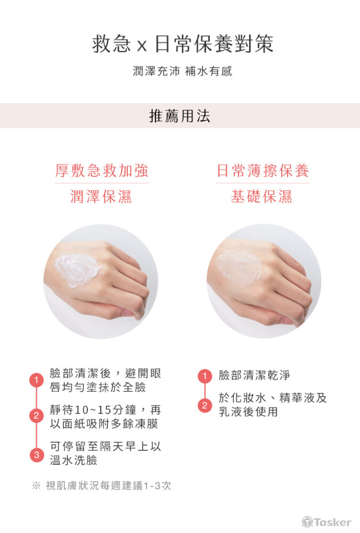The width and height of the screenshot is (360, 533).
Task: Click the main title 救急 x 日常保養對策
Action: click(x=183, y=44)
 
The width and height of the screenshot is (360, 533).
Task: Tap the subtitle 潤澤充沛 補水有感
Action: click(x=182, y=71)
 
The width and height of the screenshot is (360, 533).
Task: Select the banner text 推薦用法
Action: click(x=179, y=116)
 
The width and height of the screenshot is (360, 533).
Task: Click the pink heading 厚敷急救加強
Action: click(x=102, y=171)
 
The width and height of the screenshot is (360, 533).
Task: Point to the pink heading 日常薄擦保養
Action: click(x=263, y=171)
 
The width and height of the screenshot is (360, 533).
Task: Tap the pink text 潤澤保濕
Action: click(x=101, y=197)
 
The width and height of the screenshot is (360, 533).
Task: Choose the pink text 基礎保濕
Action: click(x=261, y=197)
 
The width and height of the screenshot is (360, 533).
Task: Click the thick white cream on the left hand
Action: click(x=77, y=270)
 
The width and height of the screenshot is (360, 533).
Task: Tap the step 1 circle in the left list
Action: click(x=36, y=379)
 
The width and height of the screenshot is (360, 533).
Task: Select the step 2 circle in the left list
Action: click(x=36, y=416)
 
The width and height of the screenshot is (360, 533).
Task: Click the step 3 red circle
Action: click(x=36, y=455)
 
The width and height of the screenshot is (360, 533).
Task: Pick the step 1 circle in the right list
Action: click(x=204, y=376)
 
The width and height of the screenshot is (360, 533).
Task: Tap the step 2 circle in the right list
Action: click(x=204, y=405)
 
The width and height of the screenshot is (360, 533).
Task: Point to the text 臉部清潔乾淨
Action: click(x=255, y=375)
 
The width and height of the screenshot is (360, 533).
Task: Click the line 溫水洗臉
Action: click(x=73, y=461)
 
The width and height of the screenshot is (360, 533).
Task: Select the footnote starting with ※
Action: click(x=102, y=486)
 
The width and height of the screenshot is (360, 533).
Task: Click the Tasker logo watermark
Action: click(x=326, y=522)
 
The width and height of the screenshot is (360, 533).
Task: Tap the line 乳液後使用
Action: click(x=248, y=411)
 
